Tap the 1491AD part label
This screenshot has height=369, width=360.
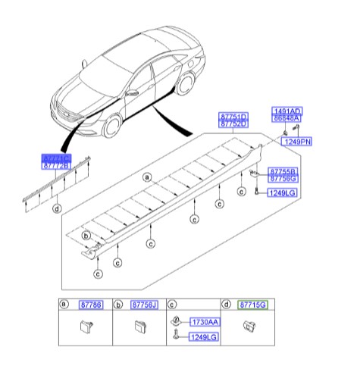[x=286, y=110]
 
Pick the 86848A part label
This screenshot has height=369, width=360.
[x=286, y=118]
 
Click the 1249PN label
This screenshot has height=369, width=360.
[x=298, y=142]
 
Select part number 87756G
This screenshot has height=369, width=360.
[x=282, y=179]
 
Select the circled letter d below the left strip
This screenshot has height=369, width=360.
[x=57, y=208]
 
